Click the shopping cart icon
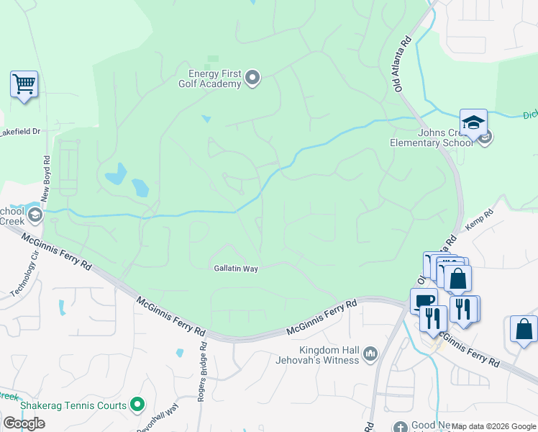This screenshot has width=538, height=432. (x=24, y=84)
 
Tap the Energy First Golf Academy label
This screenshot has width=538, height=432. (x=214, y=78)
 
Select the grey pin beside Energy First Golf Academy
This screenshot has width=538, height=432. (x=252, y=77)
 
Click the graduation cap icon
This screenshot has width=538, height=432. (x=473, y=122)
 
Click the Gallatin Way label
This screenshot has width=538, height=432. (x=236, y=268)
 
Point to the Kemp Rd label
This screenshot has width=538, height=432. (x=479, y=220)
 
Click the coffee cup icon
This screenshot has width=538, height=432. (x=423, y=301)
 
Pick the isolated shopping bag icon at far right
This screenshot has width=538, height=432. (x=524, y=328)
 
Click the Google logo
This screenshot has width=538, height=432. (x=24, y=423)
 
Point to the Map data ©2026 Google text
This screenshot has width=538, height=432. (x=493, y=426)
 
